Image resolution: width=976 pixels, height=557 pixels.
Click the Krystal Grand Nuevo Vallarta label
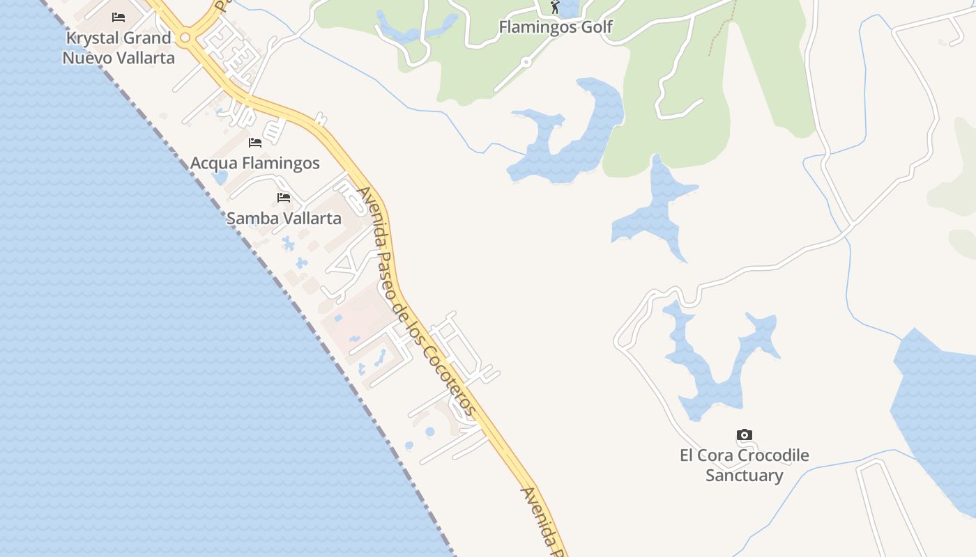pos(119,47)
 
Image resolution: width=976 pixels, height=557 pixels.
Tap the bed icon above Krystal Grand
pos(119,17)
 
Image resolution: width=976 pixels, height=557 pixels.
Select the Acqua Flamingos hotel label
pos(255,163)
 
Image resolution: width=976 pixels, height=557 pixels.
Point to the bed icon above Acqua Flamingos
pos(255,143)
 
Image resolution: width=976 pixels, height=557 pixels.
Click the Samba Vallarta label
pos(284,218)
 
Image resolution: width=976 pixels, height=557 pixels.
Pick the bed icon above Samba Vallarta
pos(284,198)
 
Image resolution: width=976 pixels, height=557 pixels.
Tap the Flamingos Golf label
pos(556,26)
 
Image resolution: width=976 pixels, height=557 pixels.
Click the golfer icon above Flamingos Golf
pos(555,7)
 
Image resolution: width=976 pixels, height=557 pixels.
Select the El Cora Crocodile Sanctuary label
pos(745,465)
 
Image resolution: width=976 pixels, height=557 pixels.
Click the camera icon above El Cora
pos(745,435)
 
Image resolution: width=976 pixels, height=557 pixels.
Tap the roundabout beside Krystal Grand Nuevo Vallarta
pos(185,38)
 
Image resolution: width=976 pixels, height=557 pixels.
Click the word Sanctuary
pos(745,476)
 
